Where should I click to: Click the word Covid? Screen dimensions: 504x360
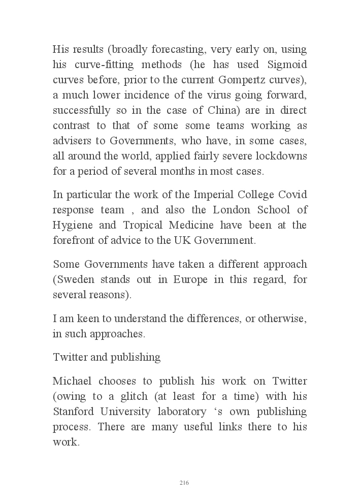293,195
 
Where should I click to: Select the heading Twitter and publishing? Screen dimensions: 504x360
107,357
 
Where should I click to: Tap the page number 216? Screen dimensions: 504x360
184,483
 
